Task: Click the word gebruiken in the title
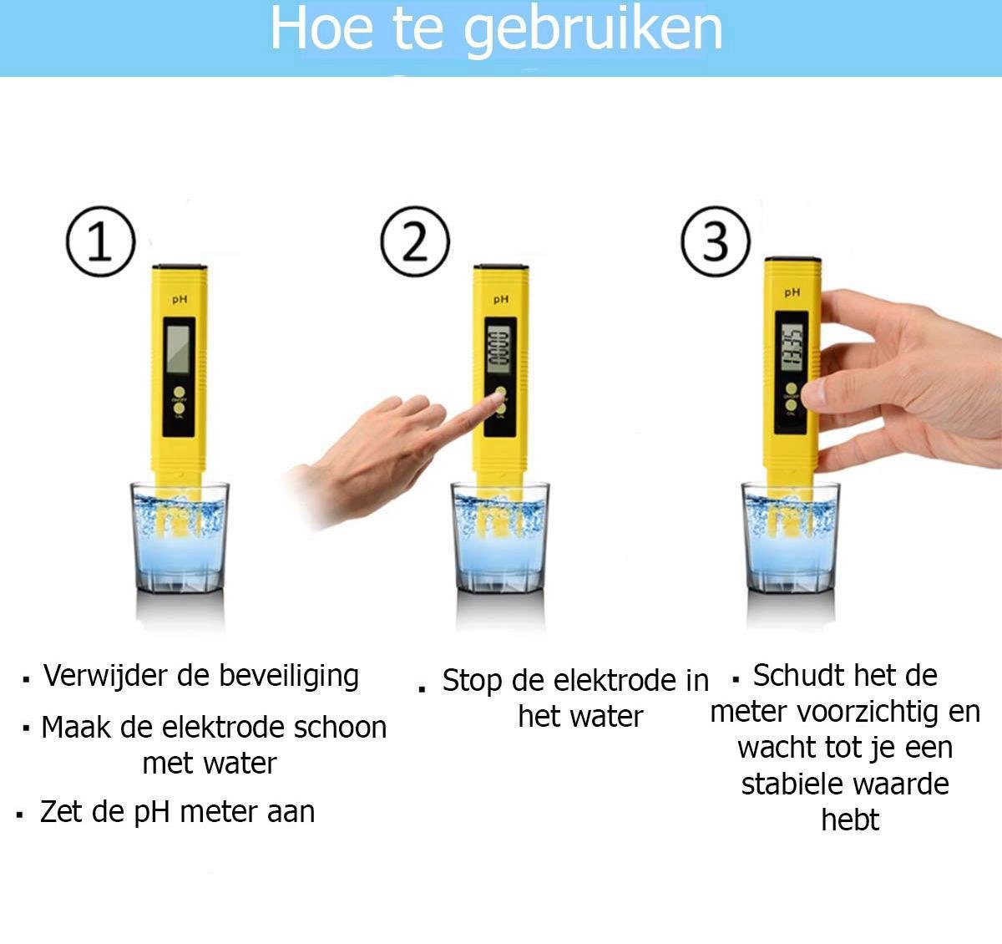tap(592, 30)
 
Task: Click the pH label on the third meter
tap(792, 292)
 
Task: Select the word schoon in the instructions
tap(343, 728)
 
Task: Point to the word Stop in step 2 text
tap(473, 681)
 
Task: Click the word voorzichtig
tap(868, 713)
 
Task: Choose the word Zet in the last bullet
tap(61, 812)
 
